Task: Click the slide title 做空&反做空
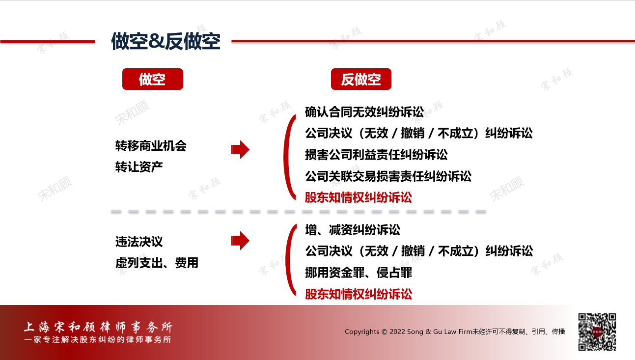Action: click(x=166, y=42)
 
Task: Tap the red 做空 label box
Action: click(x=152, y=79)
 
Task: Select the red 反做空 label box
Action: click(x=361, y=79)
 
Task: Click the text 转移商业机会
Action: click(x=151, y=146)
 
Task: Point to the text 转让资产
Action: click(x=139, y=167)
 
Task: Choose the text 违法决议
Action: click(x=139, y=242)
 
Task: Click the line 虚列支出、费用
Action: click(x=157, y=263)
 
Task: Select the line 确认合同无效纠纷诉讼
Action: click(x=364, y=112)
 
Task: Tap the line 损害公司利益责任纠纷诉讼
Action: click(x=376, y=155)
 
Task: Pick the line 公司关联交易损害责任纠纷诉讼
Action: click(x=388, y=176)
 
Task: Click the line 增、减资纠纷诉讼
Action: click(x=353, y=229)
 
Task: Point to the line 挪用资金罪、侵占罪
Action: click(x=359, y=273)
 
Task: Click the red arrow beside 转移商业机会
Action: click(x=240, y=150)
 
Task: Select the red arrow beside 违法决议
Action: click(x=240, y=241)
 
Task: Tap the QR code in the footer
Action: click(x=597, y=332)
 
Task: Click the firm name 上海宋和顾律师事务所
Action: click(x=98, y=327)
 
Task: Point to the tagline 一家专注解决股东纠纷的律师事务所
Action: click(x=98, y=339)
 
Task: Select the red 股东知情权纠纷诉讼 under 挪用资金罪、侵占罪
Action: click(x=359, y=294)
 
